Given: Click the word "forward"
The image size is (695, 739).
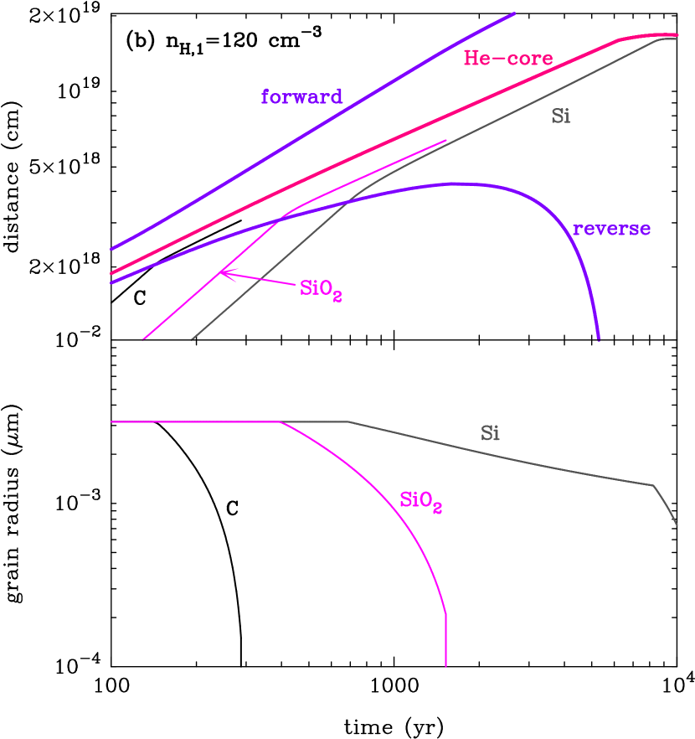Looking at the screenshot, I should (x=301, y=96).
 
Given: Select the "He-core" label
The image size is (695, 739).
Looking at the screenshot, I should (x=508, y=59).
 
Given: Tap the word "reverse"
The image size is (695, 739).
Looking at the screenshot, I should (x=611, y=229).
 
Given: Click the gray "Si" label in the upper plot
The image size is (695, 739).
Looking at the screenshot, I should (x=561, y=116).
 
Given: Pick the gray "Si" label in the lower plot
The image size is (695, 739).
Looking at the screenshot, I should (x=490, y=433).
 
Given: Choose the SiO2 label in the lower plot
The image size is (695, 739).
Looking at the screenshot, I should (x=420, y=501).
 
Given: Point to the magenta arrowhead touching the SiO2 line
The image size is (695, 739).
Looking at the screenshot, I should (x=221, y=271).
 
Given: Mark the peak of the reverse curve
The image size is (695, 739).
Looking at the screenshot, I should (x=455, y=183).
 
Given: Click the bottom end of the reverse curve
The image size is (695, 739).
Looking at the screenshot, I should (x=599, y=339).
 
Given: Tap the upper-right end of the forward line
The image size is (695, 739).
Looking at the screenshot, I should (x=514, y=13).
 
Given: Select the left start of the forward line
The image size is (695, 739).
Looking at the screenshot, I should (x=111, y=249).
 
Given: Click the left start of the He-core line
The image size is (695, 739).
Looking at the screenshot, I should (x=111, y=272).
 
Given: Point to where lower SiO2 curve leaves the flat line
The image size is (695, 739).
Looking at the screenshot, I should (x=281, y=422).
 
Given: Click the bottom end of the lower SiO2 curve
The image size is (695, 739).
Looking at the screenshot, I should (x=445, y=667).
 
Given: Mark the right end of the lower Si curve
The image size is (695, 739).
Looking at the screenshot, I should (x=677, y=525).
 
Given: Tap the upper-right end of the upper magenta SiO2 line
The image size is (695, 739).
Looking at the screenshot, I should (x=446, y=140).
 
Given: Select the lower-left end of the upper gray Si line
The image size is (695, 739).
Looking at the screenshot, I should (x=192, y=339).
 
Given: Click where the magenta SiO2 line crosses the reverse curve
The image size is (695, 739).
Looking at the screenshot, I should (x=281, y=216).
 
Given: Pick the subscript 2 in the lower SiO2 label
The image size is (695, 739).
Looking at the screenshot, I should (x=437, y=509).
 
